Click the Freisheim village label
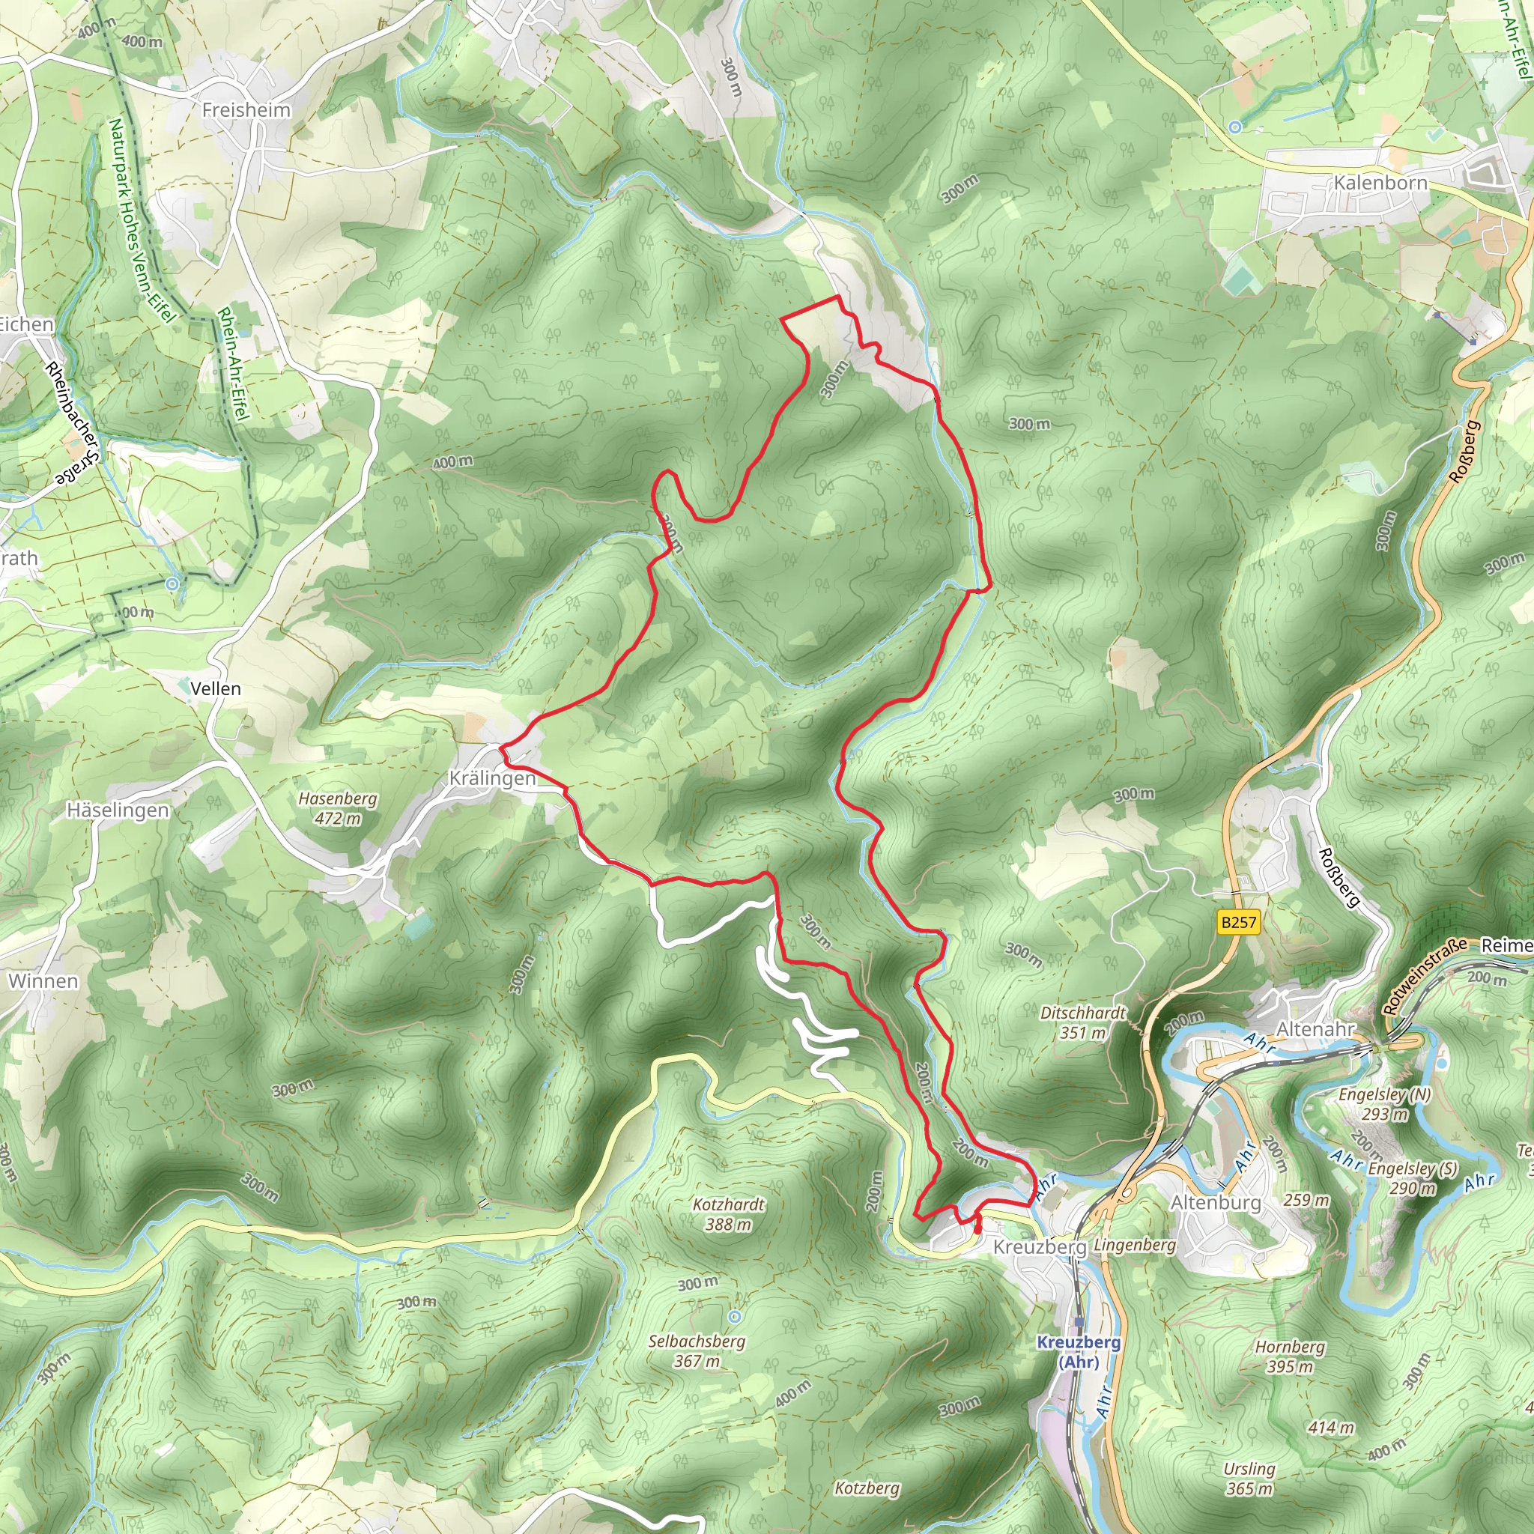pyautogui.click(x=246, y=109)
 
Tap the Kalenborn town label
pyautogui.click(x=1380, y=183)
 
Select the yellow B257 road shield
pyautogui.click(x=1238, y=922)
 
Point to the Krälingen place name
pyautogui.click(x=492, y=778)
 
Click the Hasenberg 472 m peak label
pyautogui.click(x=338, y=808)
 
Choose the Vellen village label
pyautogui.click(x=215, y=688)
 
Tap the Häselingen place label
pyautogui.click(x=118, y=810)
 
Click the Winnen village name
pyautogui.click(x=43, y=980)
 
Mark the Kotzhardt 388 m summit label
pyautogui.click(x=728, y=1214)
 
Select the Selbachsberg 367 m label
pyautogui.click(x=697, y=1350)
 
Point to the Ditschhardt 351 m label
pyautogui.click(x=1083, y=1022)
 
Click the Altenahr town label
pyautogui.click(x=1315, y=1029)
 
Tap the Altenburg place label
pyautogui.click(x=1216, y=1202)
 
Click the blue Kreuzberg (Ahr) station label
pyautogui.click(x=1079, y=1351)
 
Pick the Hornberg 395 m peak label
pyautogui.click(x=1290, y=1356)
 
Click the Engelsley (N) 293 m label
pyautogui.click(x=1385, y=1103)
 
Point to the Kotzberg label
pyautogui.click(x=867, y=1488)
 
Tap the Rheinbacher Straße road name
pyautogui.click(x=73, y=424)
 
